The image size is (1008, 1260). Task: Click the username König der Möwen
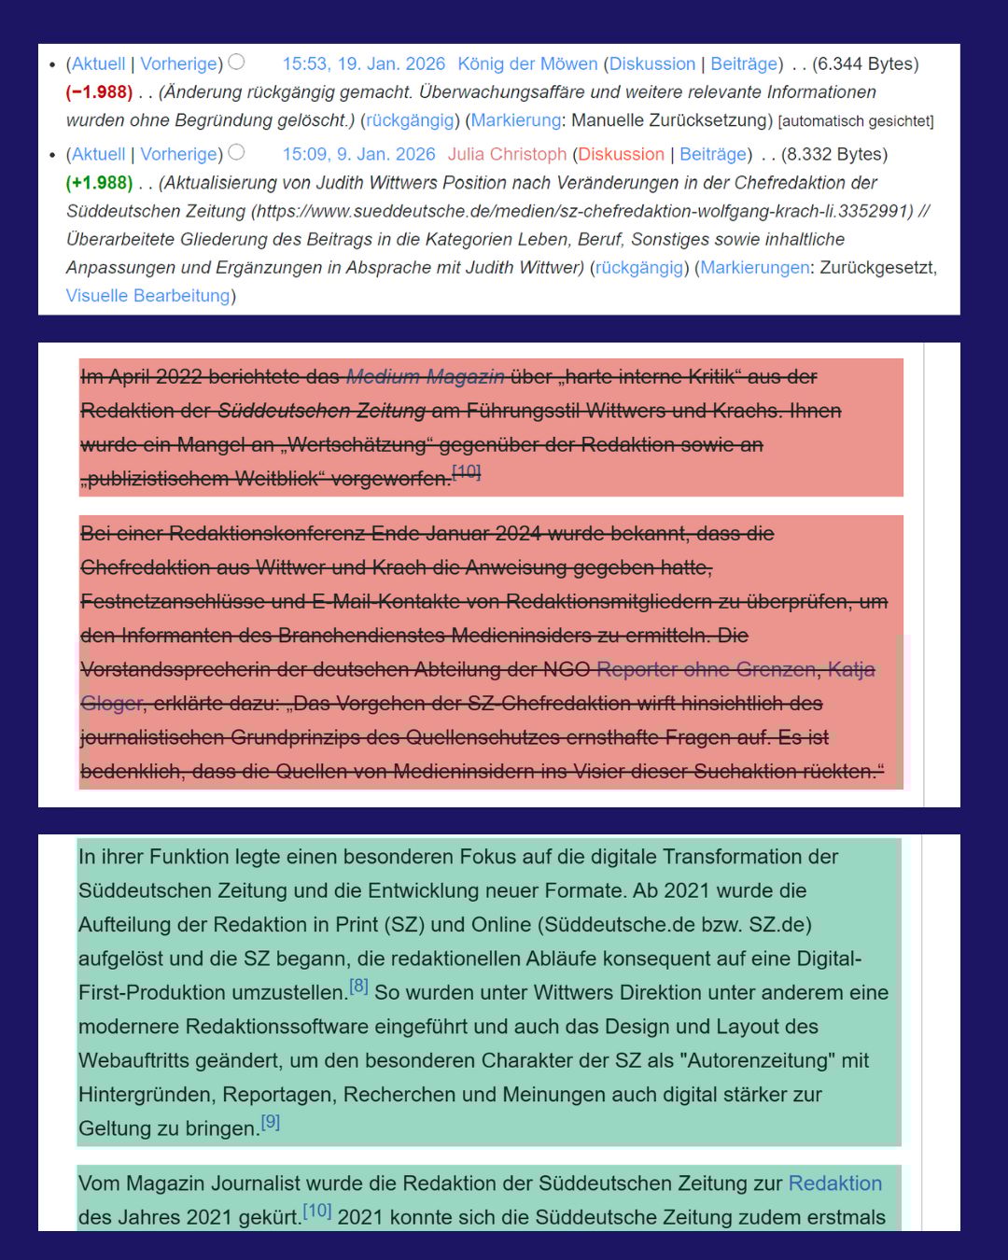[527, 63]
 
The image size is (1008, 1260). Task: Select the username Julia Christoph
[507, 154]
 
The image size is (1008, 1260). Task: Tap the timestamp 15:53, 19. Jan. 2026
[363, 63]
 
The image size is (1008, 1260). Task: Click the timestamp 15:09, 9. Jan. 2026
[358, 154]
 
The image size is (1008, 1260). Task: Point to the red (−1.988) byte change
[99, 91]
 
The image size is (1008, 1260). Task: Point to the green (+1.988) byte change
[99, 182]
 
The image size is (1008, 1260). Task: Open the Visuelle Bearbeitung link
[147, 295]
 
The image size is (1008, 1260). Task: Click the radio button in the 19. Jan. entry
[237, 62]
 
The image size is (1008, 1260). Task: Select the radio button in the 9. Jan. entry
[237, 152]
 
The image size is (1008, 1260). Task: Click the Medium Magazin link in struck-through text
[425, 376]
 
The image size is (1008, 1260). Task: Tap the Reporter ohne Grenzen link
[707, 669]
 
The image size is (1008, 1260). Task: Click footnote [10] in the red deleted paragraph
[467, 471]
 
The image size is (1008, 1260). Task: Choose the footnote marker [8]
[358, 986]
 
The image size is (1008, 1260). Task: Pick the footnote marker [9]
[270, 1122]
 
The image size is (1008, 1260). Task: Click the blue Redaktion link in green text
[834, 1183]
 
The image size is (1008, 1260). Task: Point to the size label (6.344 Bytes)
[865, 63]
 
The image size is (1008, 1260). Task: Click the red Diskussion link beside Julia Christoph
[621, 154]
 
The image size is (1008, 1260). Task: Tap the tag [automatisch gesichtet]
[855, 120]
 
